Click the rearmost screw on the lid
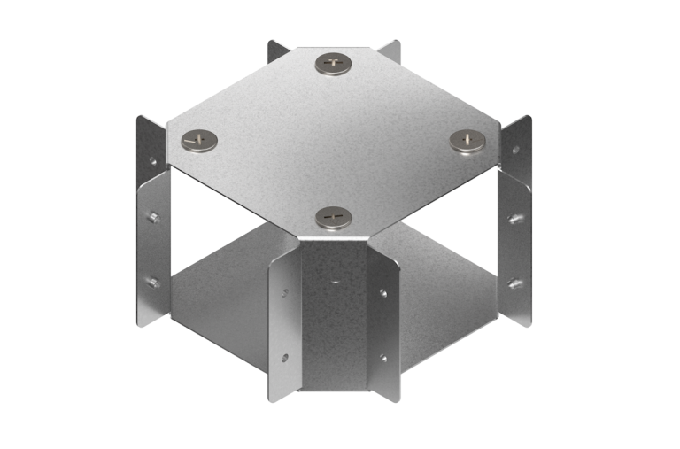pyautogui.click(x=333, y=63)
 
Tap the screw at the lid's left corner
pyautogui.click(x=199, y=139)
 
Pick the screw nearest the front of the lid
pyautogui.click(x=333, y=216)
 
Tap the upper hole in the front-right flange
pyautogui.click(x=382, y=291)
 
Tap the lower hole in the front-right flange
pyautogui.click(x=382, y=358)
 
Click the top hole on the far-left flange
pyautogui.click(x=152, y=162)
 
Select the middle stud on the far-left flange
pyautogui.click(x=153, y=217)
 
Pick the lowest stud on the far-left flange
pyautogui.click(x=153, y=283)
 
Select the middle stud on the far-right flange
pyautogui.click(x=513, y=218)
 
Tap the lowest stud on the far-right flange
pyautogui.click(x=513, y=283)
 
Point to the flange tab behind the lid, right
pyautogui.click(x=390, y=50)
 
